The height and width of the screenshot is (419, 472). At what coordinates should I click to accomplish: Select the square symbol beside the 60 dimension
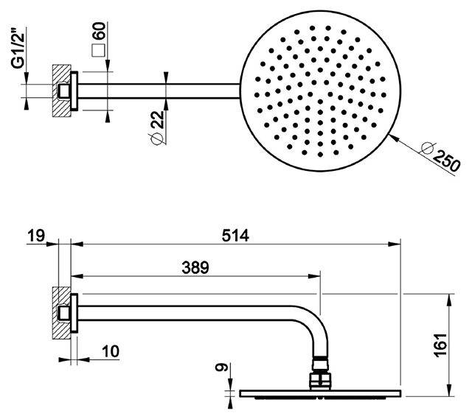tap(98, 50)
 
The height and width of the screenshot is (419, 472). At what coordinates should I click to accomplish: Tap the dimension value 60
tap(100, 31)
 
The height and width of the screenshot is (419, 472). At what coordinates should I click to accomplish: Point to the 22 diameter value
tap(157, 119)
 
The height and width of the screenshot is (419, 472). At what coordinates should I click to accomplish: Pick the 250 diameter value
tap(446, 161)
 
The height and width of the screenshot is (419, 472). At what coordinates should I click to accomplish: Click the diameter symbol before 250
tap(428, 148)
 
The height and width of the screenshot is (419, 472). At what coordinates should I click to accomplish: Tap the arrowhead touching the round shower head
tap(394, 138)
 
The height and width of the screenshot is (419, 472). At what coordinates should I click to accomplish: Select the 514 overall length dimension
tap(235, 236)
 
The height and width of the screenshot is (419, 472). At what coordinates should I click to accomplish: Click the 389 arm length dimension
tap(195, 267)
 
